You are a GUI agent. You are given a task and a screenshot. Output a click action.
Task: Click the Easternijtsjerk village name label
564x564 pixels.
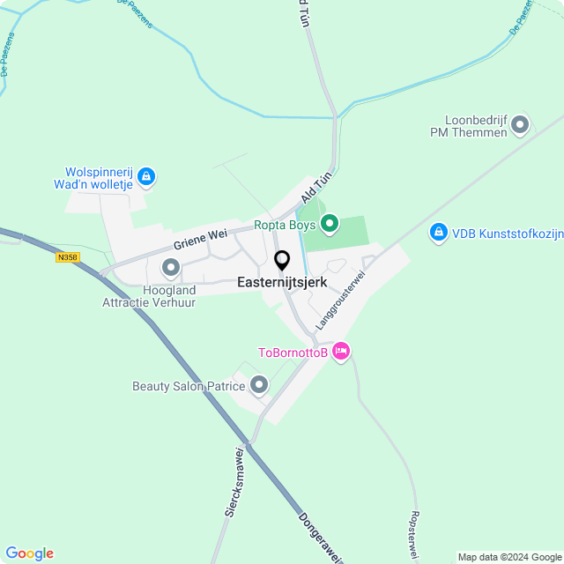[x=282, y=283]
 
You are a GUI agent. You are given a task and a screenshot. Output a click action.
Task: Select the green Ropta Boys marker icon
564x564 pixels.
[x=330, y=225]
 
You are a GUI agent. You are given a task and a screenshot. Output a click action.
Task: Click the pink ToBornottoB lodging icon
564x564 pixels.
[x=341, y=352]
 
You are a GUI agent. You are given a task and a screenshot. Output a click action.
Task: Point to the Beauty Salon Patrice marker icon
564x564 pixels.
[x=259, y=385]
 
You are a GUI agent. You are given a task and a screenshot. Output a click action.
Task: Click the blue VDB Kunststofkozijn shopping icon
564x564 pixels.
[x=438, y=233]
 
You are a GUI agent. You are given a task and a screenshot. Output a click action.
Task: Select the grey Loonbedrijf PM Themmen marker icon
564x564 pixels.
[x=519, y=124]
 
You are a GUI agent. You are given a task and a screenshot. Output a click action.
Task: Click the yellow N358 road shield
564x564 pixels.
[x=66, y=257]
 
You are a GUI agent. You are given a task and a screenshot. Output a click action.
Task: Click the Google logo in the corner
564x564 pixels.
[x=29, y=553]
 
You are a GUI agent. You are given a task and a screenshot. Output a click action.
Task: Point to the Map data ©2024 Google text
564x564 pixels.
[x=509, y=557]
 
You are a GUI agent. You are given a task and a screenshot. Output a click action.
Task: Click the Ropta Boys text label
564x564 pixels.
[x=286, y=225]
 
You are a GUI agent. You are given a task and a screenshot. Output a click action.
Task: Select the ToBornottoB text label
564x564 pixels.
[x=293, y=353]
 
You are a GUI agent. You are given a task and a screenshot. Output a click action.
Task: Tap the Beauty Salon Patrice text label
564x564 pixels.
[x=189, y=386]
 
